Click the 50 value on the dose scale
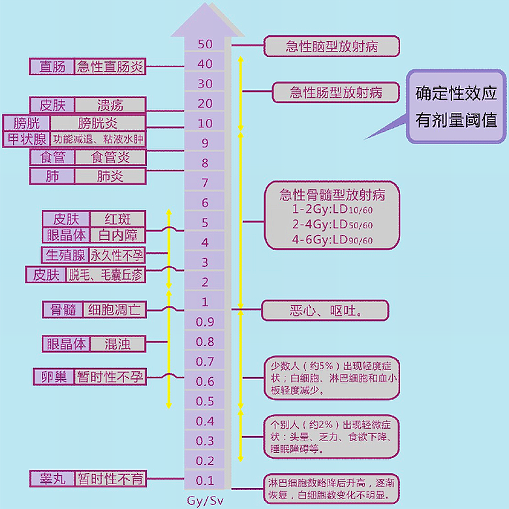coord(205,44)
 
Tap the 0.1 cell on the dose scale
coord(205,481)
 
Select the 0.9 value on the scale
coord(205,322)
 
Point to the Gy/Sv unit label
coord(205,501)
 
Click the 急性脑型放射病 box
coord(332,46)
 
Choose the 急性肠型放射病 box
coord(335,92)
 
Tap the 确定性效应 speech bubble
coord(456,106)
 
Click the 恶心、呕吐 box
coord(325,310)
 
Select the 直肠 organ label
coord(52,67)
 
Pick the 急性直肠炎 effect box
coord(110,67)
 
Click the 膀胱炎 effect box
coord(98,122)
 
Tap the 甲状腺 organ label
coord(25,140)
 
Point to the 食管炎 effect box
coord(110,157)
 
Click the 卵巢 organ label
coord(54,377)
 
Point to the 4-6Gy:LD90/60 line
coord(332,239)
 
